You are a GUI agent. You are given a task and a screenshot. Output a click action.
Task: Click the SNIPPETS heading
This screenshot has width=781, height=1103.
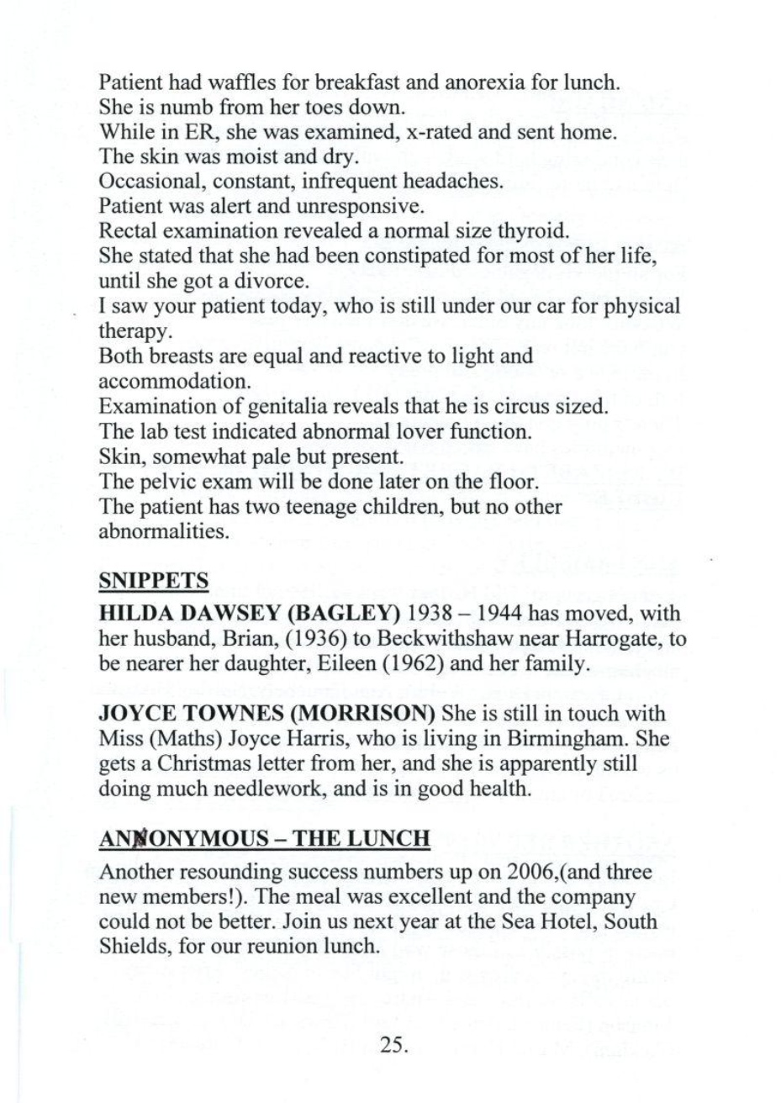pyautogui.click(x=147, y=580)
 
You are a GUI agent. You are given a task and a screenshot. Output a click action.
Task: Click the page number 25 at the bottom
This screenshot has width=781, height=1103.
pyautogui.click(x=392, y=1044)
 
